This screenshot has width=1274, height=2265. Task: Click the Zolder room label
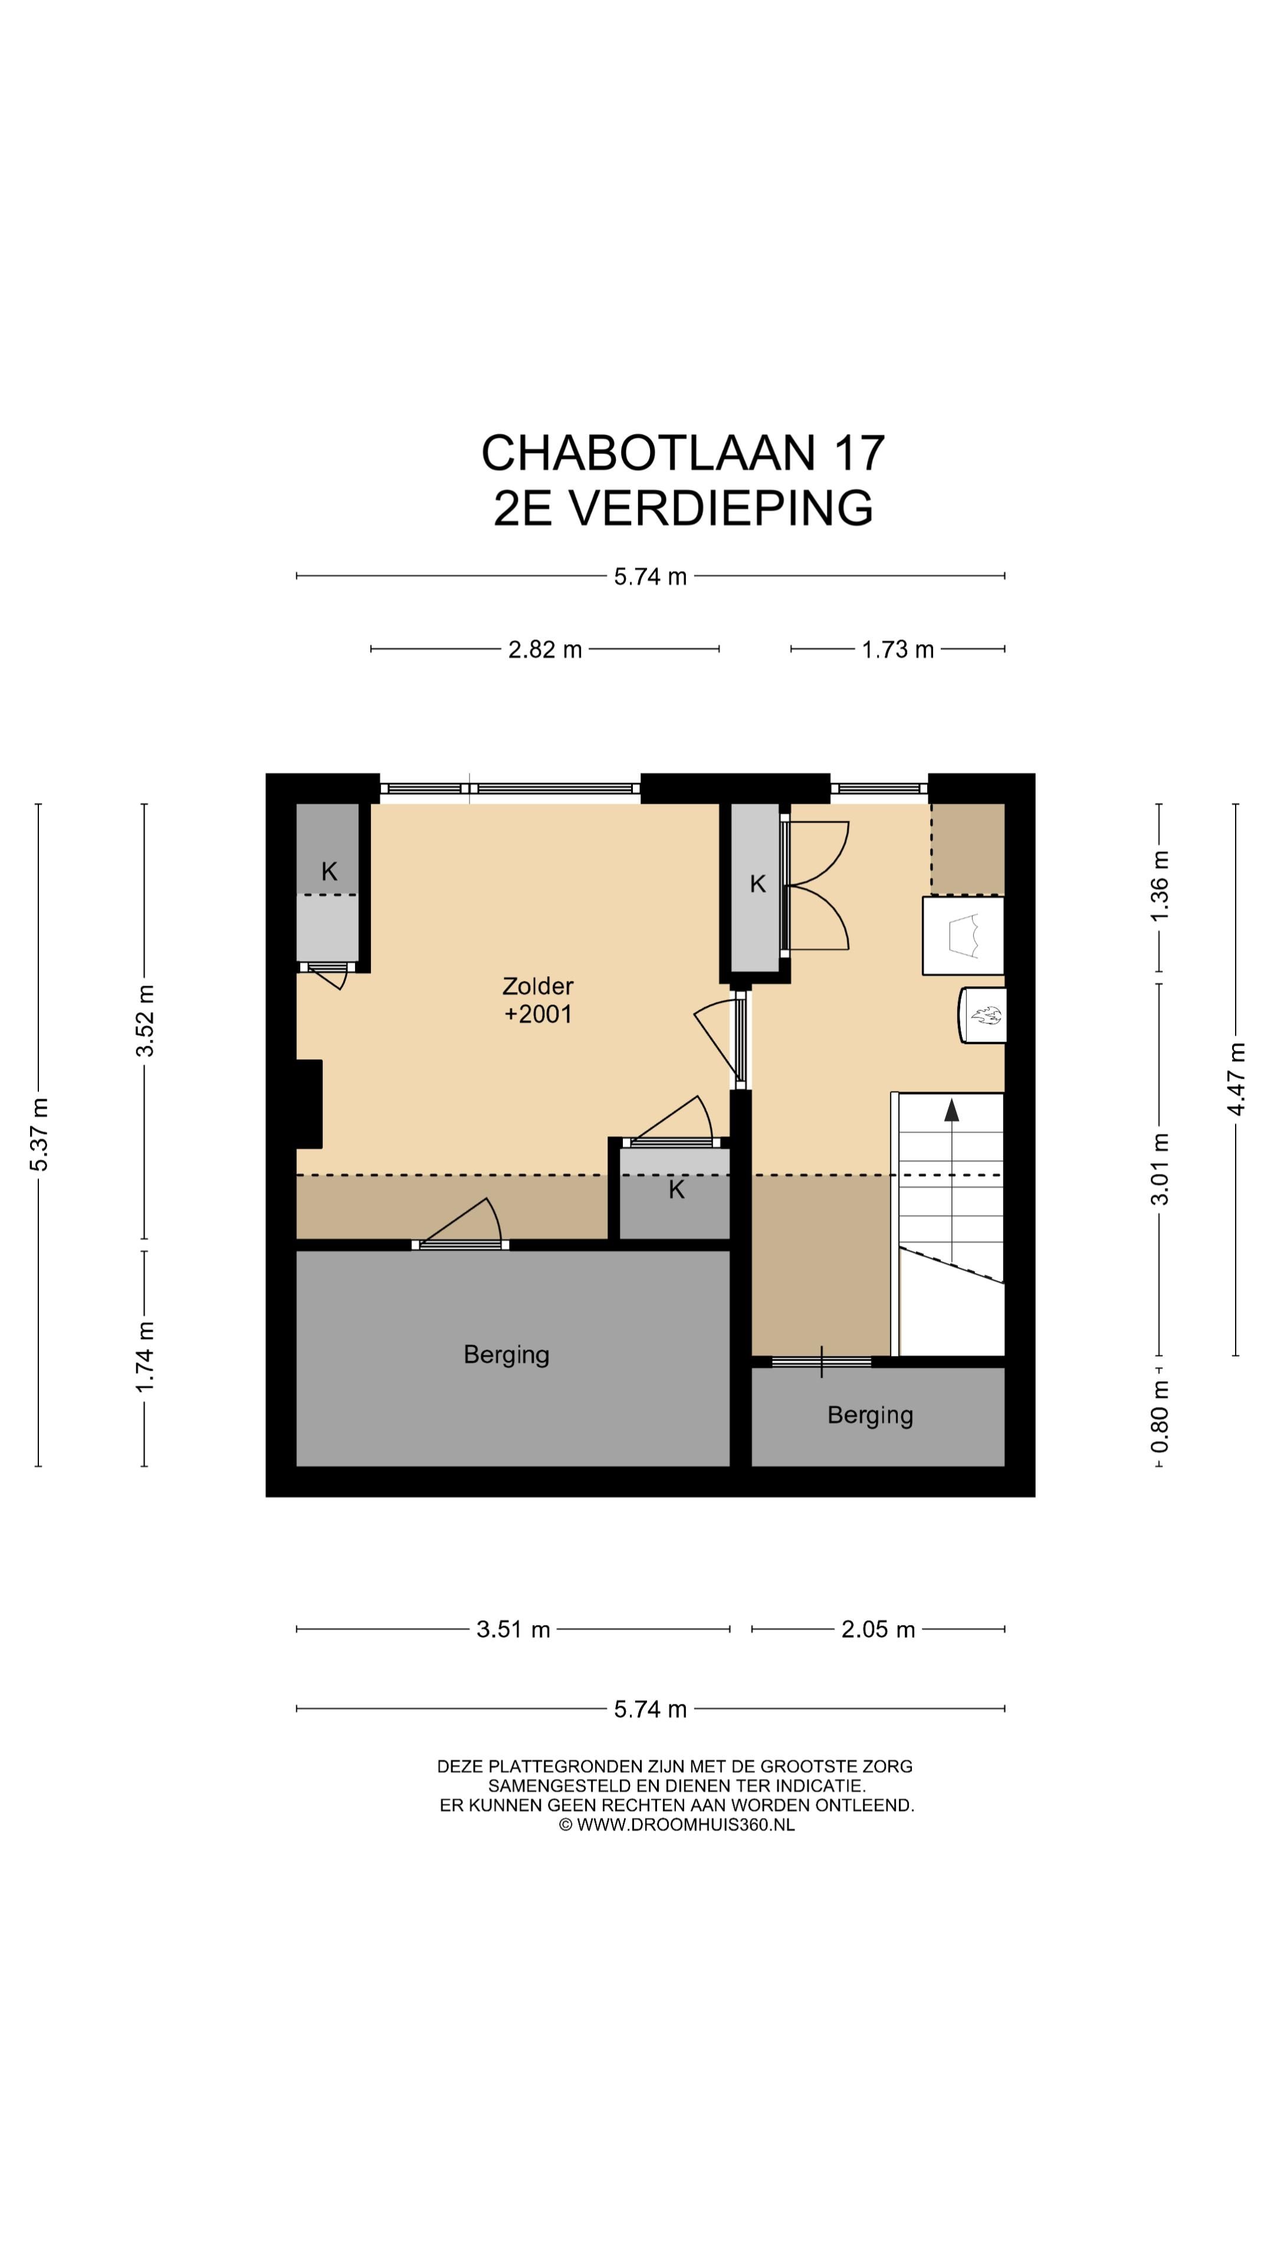coord(537,986)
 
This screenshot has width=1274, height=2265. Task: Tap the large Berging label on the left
coord(507,1354)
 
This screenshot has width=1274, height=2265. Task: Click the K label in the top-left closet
coord(329,871)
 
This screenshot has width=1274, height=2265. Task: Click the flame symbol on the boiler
coord(986,1016)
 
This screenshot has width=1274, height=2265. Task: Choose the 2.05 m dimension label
coord(878,1629)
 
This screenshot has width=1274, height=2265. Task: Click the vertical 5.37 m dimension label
coord(39,1134)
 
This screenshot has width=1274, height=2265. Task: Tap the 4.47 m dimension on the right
coord(1236,1079)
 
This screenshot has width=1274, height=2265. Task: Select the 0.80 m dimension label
coord(1161,1416)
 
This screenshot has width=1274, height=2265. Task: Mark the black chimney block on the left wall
coord(310,1104)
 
